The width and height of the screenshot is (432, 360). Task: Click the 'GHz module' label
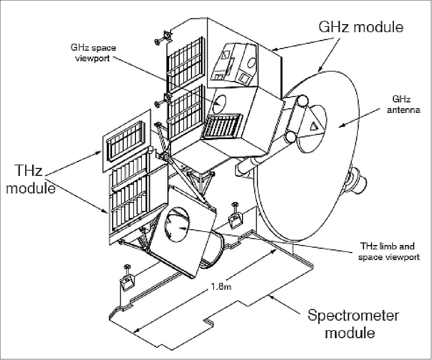click(361, 27)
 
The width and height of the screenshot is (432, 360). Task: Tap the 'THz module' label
click(31, 180)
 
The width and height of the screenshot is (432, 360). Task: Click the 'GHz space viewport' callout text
click(93, 53)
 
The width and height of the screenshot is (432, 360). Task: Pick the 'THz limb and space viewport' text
click(389, 251)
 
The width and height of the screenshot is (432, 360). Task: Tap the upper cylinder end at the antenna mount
click(302, 100)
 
